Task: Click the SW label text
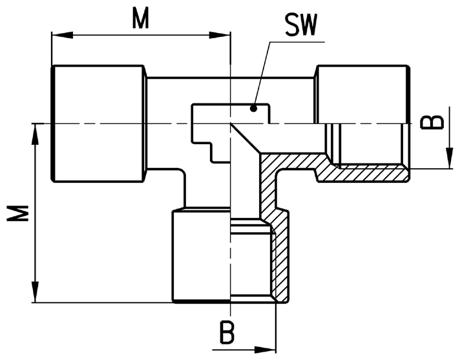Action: point(301,25)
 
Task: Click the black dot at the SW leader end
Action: point(254,109)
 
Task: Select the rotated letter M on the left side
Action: point(18,213)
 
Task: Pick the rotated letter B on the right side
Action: point(432,122)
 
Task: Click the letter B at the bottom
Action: point(227,333)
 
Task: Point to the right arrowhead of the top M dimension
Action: point(220,35)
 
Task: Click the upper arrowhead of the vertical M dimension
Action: point(36,134)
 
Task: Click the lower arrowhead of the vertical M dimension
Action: point(36,292)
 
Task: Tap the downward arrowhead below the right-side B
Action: point(449,158)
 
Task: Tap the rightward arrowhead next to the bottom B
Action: point(265,350)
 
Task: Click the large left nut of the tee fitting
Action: point(98,124)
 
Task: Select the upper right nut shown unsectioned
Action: point(362,94)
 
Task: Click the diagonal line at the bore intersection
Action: point(246,138)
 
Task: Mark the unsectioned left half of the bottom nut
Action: point(202,255)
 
